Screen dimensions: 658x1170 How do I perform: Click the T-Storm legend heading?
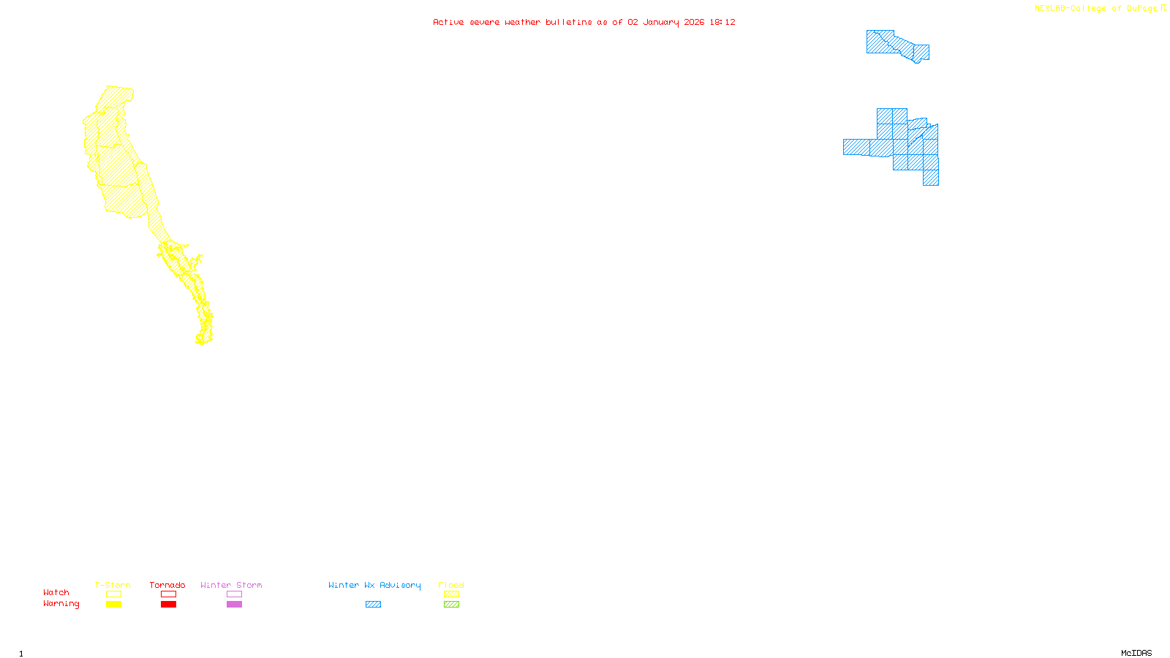click(113, 585)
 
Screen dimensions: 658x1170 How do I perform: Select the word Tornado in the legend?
click(167, 585)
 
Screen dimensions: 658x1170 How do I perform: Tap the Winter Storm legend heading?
click(231, 585)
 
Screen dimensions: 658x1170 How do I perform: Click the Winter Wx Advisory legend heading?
click(374, 585)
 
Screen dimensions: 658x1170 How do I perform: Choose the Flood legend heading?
click(451, 585)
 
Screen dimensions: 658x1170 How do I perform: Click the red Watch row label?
click(56, 592)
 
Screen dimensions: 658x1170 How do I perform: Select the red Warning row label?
click(61, 604)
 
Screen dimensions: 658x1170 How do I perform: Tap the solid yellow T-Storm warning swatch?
click(113, 605)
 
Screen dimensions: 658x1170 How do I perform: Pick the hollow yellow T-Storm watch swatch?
click(113, 594)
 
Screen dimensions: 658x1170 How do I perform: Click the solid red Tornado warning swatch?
click(168, 605)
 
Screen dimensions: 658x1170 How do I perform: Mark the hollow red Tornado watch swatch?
click(168, 594)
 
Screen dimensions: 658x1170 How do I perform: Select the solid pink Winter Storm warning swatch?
click(234, 605)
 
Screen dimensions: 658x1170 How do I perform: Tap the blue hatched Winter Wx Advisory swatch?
click(373, 605)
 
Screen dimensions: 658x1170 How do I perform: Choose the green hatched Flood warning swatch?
click(451, 605)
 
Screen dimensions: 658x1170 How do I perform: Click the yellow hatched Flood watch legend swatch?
click(451, 594)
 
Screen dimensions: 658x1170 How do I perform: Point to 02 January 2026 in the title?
click(665, 22)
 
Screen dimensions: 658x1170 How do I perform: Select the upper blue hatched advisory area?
click(896, 45)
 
